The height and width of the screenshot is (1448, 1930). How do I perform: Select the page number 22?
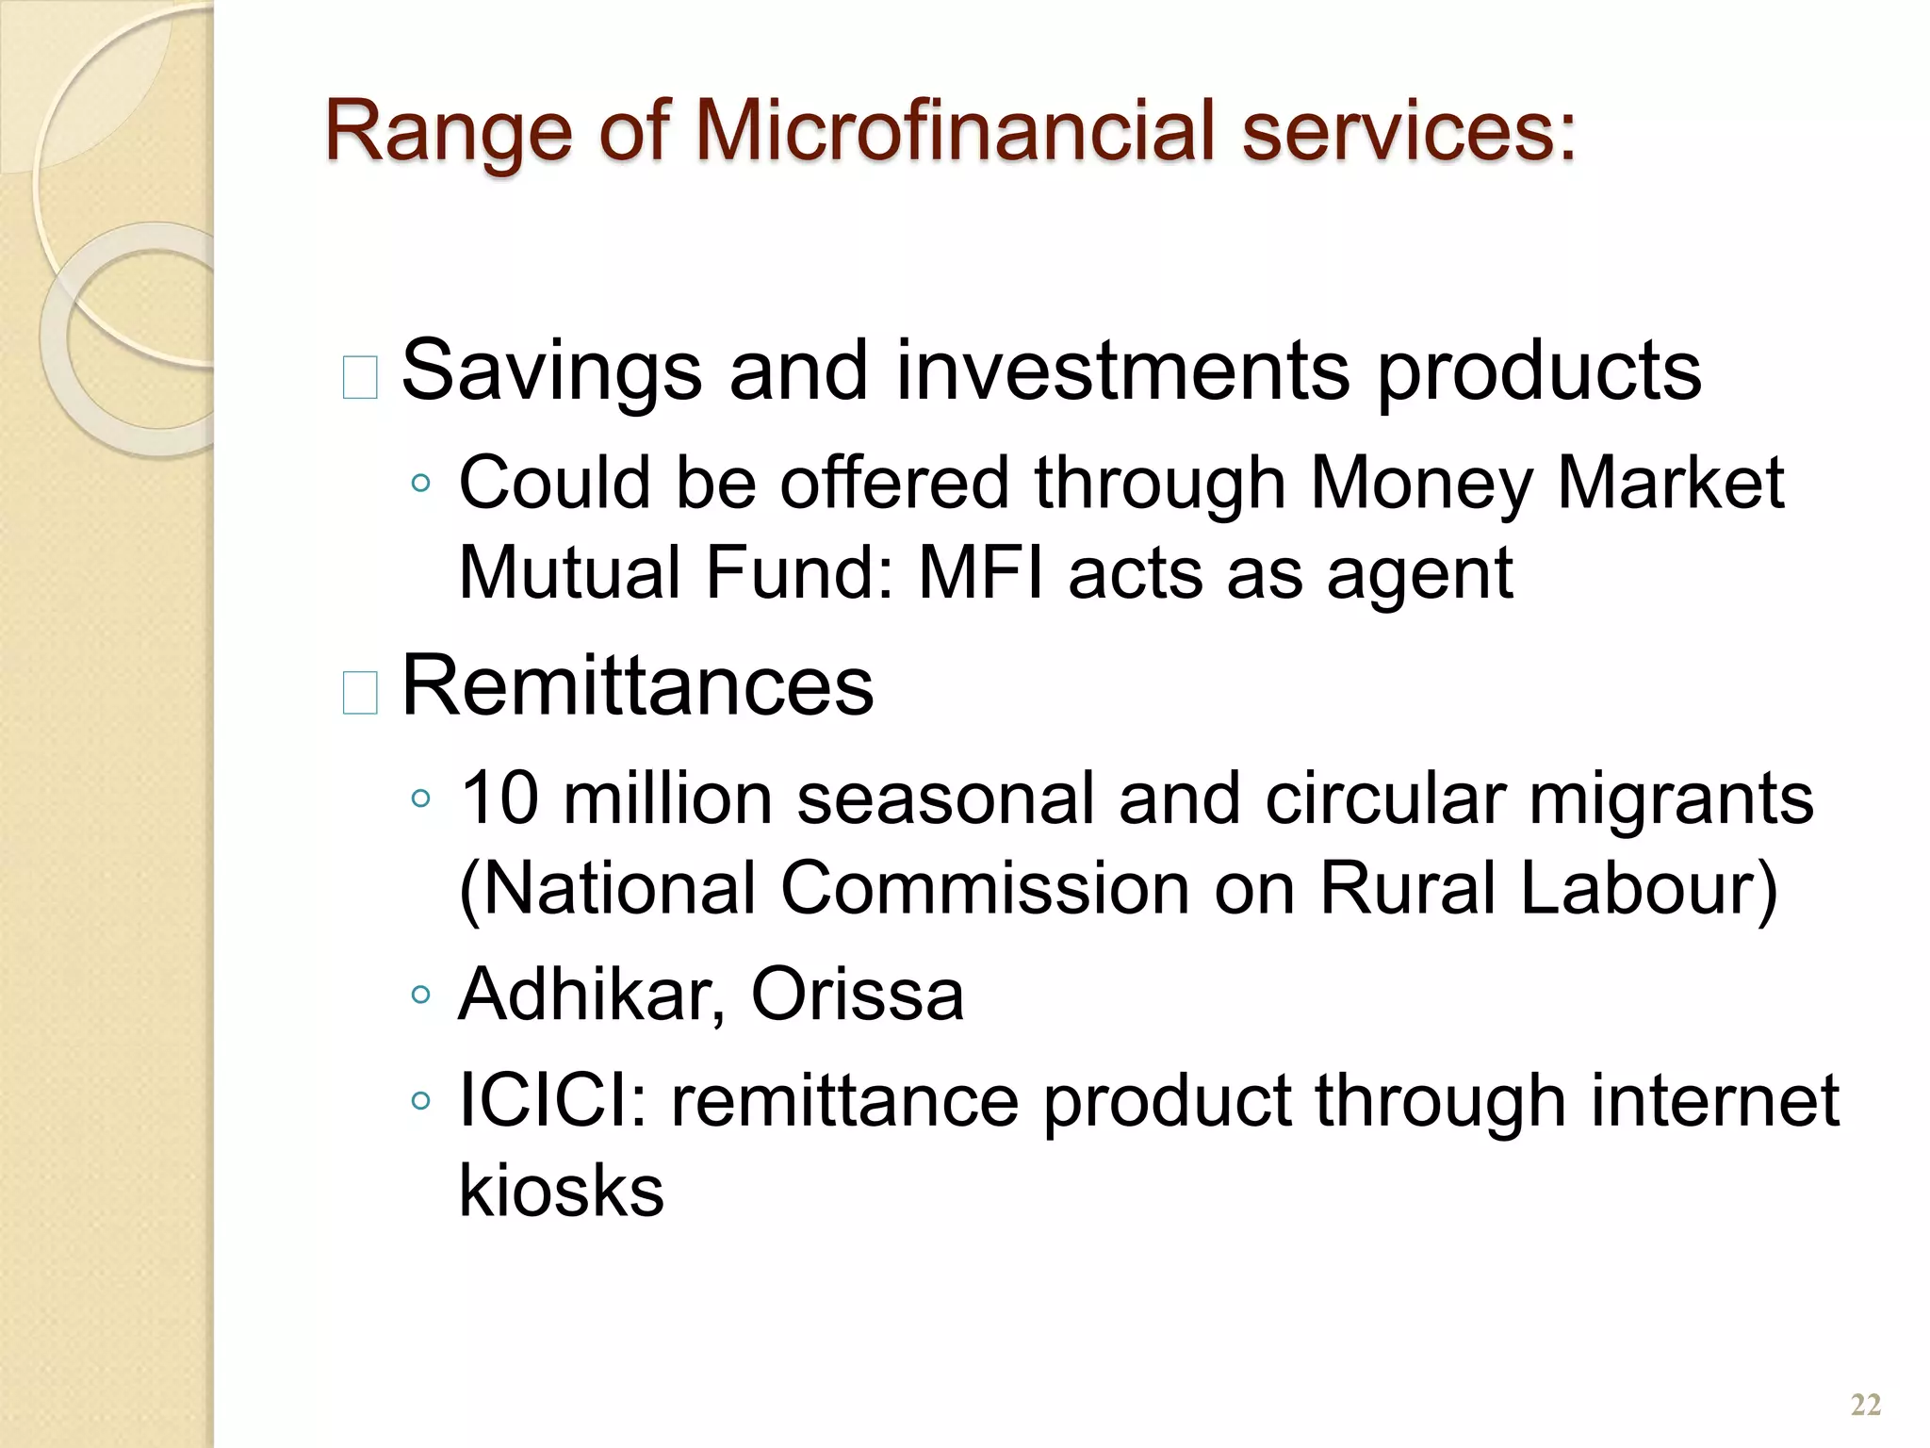[1865, 1405]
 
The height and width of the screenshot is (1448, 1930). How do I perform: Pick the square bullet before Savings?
[360, 378]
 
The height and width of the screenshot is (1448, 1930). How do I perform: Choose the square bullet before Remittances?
[360, 693]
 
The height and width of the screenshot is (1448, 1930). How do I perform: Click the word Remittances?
[638, 685]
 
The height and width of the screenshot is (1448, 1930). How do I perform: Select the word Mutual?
[569, 573]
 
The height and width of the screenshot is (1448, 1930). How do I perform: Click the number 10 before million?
[499, 798]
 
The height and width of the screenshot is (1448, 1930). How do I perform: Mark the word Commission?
[985, 889]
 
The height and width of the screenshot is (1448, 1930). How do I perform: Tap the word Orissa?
[857, 995]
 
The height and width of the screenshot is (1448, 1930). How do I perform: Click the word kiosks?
[562, 1190]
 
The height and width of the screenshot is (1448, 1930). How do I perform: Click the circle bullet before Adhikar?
[420, 995]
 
